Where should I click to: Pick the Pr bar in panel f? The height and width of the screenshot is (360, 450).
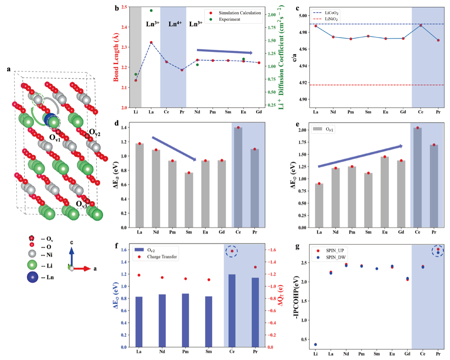(x=255, y=312)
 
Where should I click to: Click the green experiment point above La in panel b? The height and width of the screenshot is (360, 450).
(x=151, y=11)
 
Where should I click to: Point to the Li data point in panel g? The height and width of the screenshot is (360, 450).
(x=315, y=344)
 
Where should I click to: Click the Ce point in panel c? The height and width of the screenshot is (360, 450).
(x=421, y=25)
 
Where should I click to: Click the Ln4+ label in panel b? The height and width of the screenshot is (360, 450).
(x=175, y=24)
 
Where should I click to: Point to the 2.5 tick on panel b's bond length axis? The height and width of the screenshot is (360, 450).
(x=124, y=7)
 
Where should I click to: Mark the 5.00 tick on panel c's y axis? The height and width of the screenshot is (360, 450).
(x=303, y=16)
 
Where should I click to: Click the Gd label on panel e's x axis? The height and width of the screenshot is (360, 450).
(x=401, y=232)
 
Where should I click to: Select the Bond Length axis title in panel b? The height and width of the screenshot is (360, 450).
(x=116, y=57)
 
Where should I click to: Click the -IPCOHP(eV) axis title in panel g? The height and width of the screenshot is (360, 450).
(x=297, y=298)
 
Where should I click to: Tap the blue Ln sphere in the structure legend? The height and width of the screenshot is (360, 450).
(x=32, y=277)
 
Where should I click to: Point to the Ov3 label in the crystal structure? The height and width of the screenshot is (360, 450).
(x=81, y=204)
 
